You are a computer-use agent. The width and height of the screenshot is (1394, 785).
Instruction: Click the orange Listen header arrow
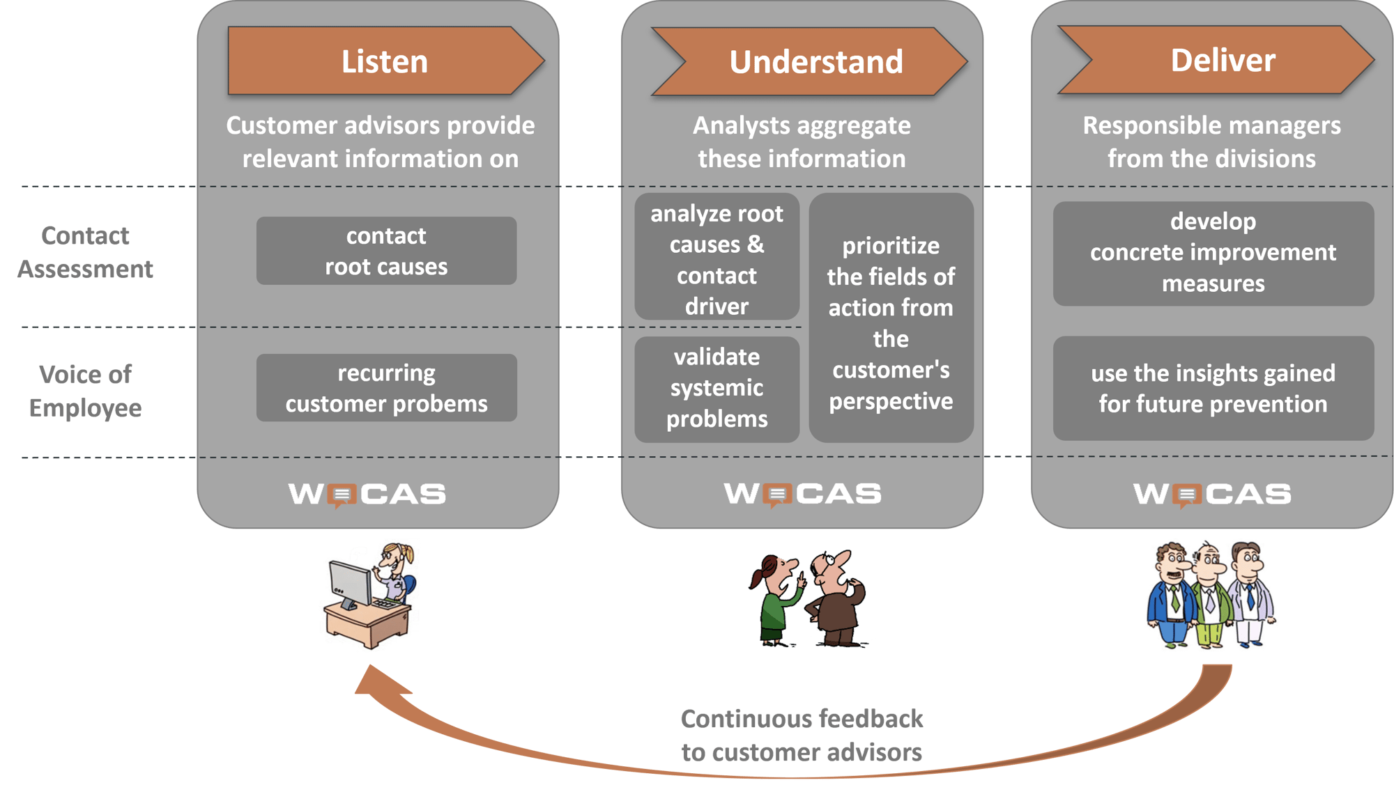pos(384,61)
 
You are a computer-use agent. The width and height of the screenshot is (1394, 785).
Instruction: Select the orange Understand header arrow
pos(815,62)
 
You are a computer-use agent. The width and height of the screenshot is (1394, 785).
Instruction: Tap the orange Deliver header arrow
pos(1222,61)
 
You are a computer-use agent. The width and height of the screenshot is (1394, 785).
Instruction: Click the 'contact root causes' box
pos(386,251)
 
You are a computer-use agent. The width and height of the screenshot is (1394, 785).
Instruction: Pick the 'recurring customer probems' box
pos(386,388)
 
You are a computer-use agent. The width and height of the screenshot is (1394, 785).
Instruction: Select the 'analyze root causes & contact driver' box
pos(717,258)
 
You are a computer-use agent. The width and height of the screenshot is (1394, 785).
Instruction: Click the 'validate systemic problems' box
pos(717,389)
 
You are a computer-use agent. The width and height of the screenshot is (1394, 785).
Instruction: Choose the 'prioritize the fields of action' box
pos(891,320)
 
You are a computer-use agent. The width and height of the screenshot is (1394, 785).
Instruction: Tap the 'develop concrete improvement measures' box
pos(1213,253)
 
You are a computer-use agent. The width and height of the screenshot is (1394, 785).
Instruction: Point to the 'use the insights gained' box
pos(1213,388)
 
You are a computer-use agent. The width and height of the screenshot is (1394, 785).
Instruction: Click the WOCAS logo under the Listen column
pos(367,495)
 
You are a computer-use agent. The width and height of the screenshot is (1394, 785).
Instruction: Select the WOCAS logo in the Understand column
pos(802,495)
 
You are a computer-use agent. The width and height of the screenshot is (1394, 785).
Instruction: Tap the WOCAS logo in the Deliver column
pos(1212,495)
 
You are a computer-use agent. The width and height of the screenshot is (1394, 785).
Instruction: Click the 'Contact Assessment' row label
pos(85,252)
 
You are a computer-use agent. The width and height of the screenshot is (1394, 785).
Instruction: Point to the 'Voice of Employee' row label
pos(85,391)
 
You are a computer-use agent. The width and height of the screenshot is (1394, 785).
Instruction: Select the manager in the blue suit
pos(1172,596)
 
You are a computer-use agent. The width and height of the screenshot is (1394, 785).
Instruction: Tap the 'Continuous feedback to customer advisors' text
pos(802,736)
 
